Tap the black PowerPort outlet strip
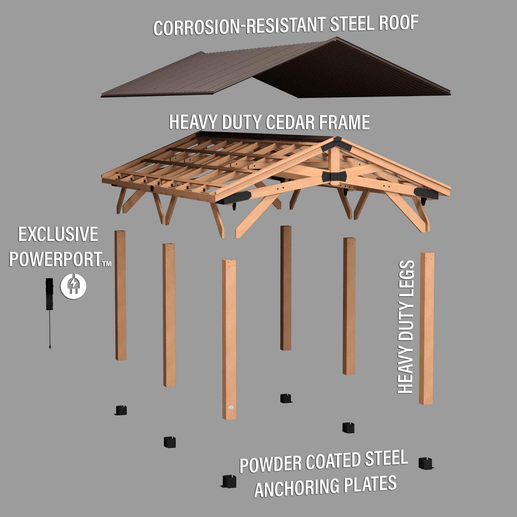(x=49, y=294)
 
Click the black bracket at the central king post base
(x=334, y=176)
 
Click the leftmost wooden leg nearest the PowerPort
(x=120, y=294)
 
